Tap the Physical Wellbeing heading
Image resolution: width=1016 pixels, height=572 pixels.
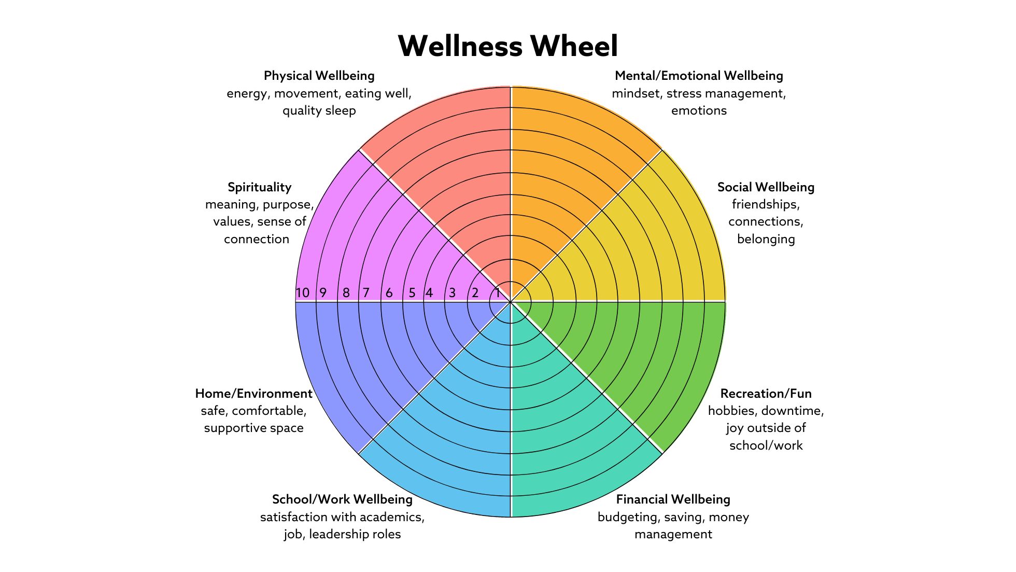[x=319, y=76]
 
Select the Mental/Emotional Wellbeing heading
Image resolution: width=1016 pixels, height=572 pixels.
[x=699, y=76]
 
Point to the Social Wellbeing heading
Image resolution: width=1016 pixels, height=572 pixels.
[x=766, y=187]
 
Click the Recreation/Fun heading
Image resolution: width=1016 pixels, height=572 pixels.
[x=766, y=394]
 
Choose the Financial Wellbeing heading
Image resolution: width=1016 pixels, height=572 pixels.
[x=673, y=499]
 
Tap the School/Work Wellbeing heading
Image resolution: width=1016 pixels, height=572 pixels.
[x=342, y=499]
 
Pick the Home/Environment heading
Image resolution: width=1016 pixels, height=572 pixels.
[x=253, y=394]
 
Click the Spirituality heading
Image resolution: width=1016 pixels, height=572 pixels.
[x=259, y=187]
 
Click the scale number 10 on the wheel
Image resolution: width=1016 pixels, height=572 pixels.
[x=302, y=293]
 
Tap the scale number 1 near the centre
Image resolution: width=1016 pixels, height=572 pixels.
[x=498, y=293]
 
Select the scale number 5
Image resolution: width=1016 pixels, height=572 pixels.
[x=412, y=293]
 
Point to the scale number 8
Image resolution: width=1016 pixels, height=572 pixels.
[x=346, y=293]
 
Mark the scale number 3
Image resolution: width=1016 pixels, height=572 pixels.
[x=452, y=293]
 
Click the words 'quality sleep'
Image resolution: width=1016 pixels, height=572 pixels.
[x=319, y=110]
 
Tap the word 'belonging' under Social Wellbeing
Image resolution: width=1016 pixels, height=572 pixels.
[x=766, y=239]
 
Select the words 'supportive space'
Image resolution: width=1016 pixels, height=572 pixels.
[x=253, y=428]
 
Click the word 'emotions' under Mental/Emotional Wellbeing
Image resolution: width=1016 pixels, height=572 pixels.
[x=699, y=110]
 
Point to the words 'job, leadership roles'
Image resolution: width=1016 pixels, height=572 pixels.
[x=342, y=534]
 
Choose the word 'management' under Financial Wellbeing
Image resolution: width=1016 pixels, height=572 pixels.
[x=673, y=534]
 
